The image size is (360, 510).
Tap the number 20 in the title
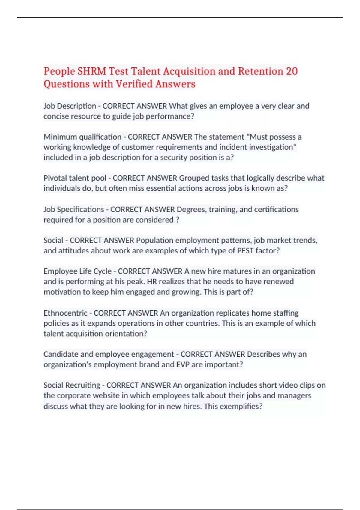coord(292,71)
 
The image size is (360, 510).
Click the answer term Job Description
coord(70,106)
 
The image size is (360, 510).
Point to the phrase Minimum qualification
coord(82,137)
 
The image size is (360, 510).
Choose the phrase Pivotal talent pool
coord(75,178)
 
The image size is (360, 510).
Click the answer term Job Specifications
coord(74,209)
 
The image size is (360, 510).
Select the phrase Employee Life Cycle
coord(78,271)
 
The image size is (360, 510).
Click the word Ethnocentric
coord(65,313)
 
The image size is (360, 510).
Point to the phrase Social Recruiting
coord(72,385)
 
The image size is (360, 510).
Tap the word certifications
coord(276,209)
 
